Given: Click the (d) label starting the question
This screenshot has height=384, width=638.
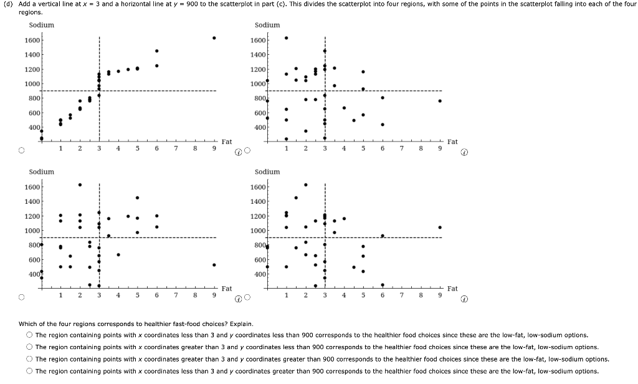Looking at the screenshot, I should [x=8, y=4].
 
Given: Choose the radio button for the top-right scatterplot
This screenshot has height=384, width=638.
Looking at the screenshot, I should [x=247, y=151].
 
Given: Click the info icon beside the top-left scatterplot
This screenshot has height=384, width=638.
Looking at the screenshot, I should [x=239, y=151].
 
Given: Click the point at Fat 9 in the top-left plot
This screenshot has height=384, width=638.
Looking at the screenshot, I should [x=214, y=38].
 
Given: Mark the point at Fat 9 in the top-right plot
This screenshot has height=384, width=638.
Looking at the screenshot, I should [x=440, y=101].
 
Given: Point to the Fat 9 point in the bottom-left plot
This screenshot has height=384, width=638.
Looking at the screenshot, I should [x=214, y=265].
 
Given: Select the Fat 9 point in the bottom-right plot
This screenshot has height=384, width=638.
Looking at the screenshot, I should [x=440, y=228].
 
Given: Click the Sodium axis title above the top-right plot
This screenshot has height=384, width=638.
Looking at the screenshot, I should [x=267, y=25].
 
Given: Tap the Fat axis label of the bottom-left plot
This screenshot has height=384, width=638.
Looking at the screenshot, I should [x=227, y=289].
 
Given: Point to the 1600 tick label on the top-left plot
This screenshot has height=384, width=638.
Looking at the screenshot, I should [x=32, y=41].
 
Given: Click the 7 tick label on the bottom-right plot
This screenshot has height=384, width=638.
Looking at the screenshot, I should [x=402, y=296].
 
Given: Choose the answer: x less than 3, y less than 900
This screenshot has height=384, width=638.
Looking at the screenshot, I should [x=29, y=335].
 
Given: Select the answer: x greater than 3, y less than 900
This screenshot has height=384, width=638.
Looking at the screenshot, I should [x=29, y=347].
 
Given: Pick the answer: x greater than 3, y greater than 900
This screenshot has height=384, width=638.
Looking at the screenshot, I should [x=29, y=359].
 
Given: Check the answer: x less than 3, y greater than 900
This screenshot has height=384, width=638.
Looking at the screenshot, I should [x=29, y=371].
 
